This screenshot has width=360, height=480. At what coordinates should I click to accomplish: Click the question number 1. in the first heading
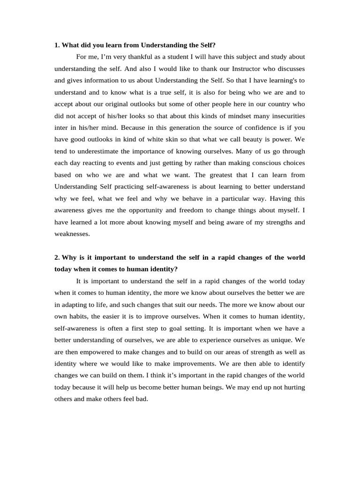pyautogui.click(x=57, y=45)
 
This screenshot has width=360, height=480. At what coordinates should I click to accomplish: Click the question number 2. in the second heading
pyautogui.click(x=57, y=257)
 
